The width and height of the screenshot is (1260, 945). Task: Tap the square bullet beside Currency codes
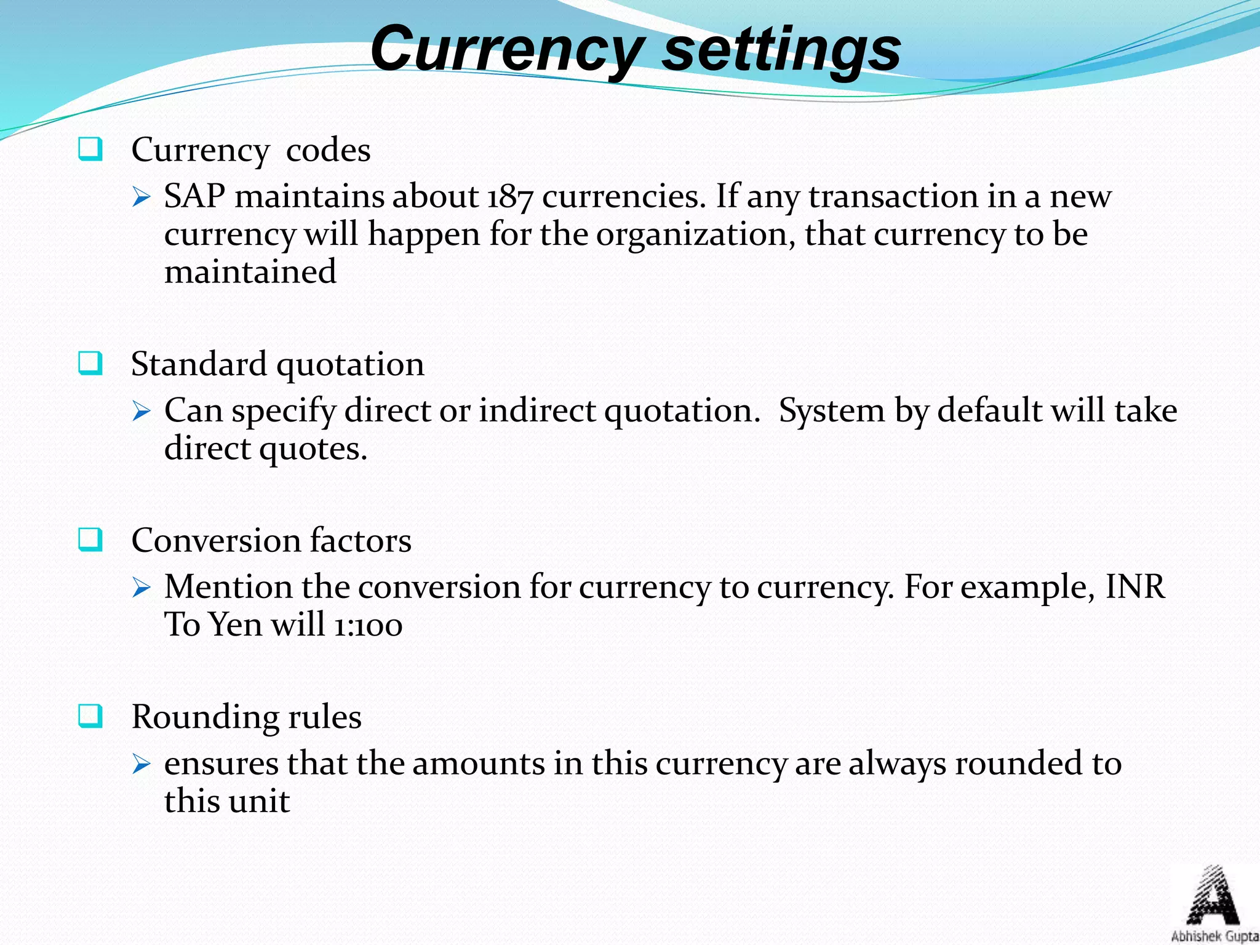point(90,150)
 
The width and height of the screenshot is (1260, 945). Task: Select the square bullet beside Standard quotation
point(90,364)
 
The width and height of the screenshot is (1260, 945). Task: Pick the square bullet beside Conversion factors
point(90,540)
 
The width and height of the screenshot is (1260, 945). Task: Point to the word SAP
point(194,197)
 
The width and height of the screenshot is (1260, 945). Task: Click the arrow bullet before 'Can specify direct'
point(142,411)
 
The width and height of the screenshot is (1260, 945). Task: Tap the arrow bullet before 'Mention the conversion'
point(142,588)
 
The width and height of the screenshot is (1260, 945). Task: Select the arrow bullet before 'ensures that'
point(142,764)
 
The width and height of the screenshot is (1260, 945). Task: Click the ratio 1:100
point(368,625)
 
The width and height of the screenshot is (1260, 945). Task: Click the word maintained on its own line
point(250,272)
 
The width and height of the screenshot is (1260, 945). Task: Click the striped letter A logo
point(1213,896)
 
